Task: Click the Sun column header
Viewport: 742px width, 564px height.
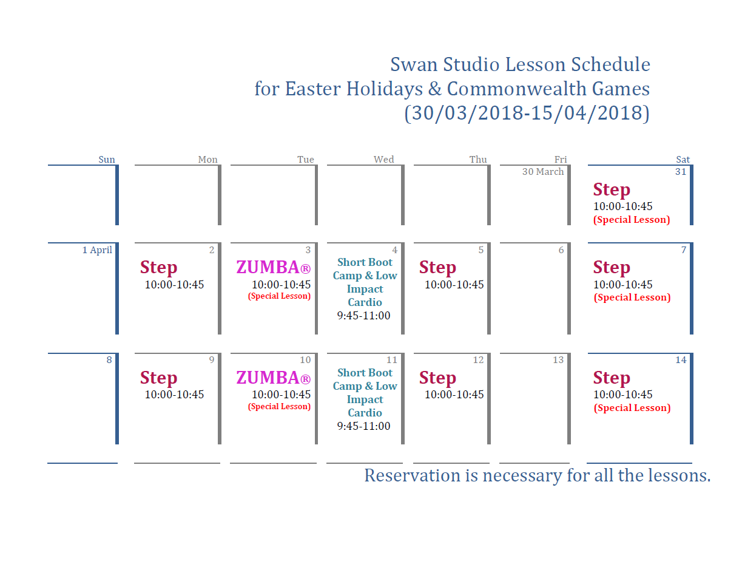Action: (107, 160)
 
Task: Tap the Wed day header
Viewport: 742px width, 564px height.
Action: (383, 160)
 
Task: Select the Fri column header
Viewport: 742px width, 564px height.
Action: (561, 160)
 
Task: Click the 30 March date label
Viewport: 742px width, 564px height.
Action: (543, 172)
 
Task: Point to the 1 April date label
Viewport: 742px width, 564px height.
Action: (97, 250)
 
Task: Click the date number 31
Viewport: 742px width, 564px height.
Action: (681, 172)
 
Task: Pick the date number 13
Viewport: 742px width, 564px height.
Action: (558, 360)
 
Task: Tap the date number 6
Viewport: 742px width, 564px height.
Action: (561, 250)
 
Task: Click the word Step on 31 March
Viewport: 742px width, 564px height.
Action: (612, 189)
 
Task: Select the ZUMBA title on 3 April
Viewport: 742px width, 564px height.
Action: (273, 267)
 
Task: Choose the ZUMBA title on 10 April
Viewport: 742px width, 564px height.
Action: (273, 378)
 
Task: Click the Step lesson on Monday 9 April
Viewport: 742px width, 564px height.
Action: (158, 378)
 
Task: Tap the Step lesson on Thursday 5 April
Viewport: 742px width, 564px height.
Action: (437, 267)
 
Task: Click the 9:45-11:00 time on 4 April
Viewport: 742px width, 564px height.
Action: (364, 316)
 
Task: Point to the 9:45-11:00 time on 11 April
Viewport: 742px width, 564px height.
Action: (364, 426)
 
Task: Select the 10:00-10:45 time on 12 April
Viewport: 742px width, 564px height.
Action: (454, 395)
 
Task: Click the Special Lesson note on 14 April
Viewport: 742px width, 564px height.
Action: (632, 408)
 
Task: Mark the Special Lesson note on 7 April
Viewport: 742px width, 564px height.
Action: (632, 297)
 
